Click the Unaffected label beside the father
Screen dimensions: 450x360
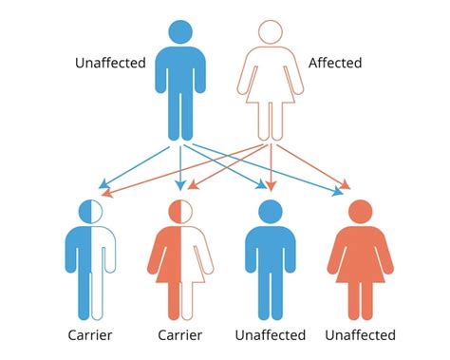[x=109, y=64]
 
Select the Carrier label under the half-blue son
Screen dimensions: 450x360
[x=90, y=334]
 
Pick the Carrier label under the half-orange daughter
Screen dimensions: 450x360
[x=179, y=334]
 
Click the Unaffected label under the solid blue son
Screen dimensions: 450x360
[x=271, y=334]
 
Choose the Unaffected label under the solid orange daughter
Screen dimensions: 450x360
[x=360, y=334]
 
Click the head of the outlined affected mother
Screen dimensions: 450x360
[x=270, y=31]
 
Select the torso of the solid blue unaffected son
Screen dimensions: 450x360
[x=271, y=252]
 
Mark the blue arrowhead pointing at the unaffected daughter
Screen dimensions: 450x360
[x=338, y=195]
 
